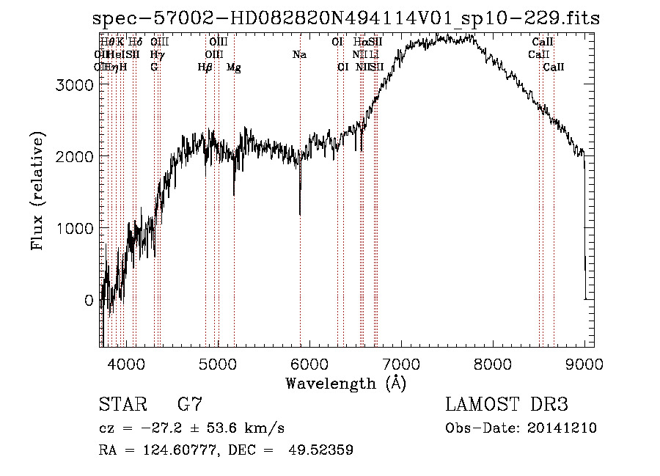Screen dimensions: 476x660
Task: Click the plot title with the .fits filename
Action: pyautogui.click(x=346, y=18)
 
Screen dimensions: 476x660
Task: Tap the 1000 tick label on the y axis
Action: pyautogui.click(x=76, y=228)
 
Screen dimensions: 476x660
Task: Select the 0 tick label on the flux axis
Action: pyautogui.click(x=89, y=300)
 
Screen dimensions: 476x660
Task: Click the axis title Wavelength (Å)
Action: pyautogui.click(x=345, y=383)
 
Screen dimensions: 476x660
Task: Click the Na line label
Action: pyautogui.click(x=299, y=55)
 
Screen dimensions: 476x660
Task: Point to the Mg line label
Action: pyautogui.click(x=234, y=67)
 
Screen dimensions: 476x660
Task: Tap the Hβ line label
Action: pyautogui.click(x=205, y=67)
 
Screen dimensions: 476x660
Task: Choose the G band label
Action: pyautogui.click(x=154, y=67)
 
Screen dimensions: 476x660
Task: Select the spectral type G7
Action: pyautogui.click(x=189, y=405)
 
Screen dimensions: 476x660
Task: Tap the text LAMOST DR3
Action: pyautogui.click(x=507, y=405)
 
